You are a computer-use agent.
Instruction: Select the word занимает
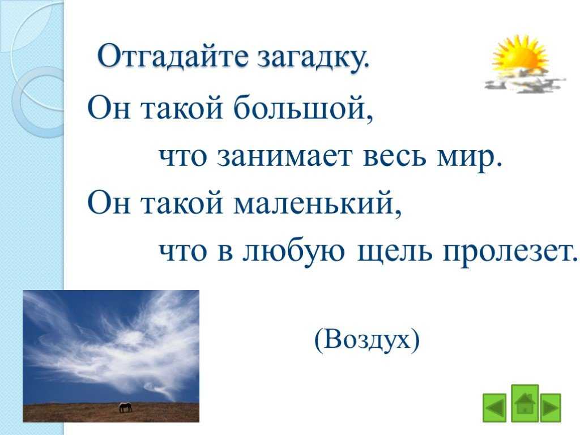(x=284, y=156)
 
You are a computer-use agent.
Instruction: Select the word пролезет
(x=510, y=252)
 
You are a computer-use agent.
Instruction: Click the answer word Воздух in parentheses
(x=367, y=340)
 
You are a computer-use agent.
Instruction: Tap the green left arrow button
(x=494, y=407)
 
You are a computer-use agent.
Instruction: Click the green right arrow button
(x=551, y=407)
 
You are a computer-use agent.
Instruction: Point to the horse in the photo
(x=125, y=407)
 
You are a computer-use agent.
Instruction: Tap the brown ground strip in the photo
(x=111, y=412)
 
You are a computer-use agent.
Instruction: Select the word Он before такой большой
(x=109, y=108)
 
